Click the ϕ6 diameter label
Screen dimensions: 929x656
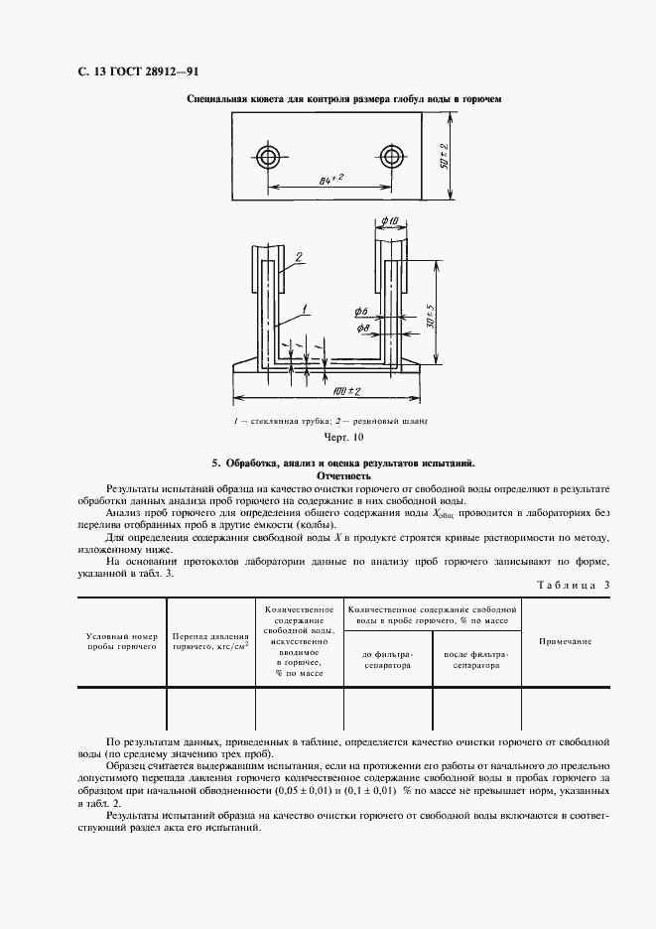[x=361, y=313]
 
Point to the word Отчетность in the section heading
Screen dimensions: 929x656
[x=342, y=475]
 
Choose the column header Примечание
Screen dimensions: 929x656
[x=565, y=642]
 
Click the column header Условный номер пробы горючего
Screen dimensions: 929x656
[x=122, y=640]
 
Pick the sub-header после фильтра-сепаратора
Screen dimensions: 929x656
[x=470, y=661]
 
